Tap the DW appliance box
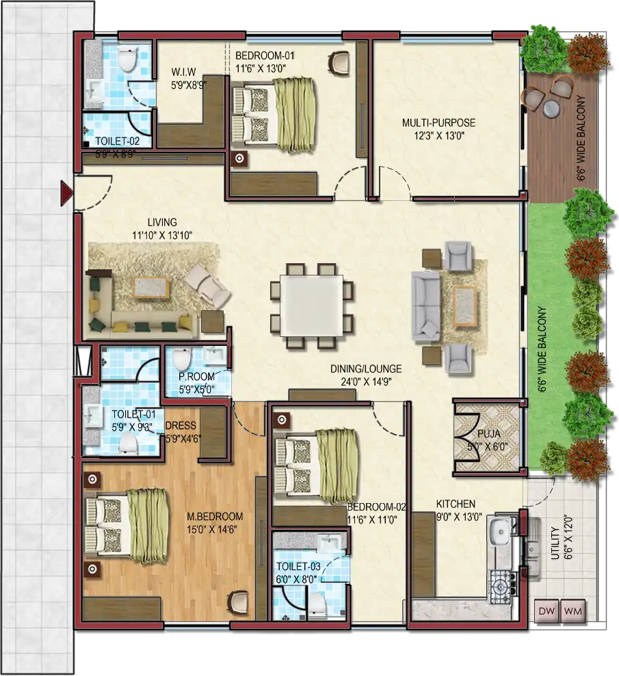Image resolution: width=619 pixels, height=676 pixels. [546, 611]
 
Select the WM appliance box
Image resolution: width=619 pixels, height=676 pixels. [573, 611]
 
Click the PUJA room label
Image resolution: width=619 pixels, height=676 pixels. [489, 433]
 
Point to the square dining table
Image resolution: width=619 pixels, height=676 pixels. [311, 306]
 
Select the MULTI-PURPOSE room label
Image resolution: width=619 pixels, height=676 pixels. [438, 123]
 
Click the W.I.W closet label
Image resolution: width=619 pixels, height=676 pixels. [183, 72]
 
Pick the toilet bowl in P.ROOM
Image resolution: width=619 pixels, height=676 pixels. [182, 358]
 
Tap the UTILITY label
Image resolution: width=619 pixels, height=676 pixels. [555, 543]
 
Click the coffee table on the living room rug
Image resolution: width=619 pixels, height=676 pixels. [150, 286]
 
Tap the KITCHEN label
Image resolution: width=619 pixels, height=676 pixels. [456, 504]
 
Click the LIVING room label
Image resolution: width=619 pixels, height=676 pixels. [162, 222]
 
